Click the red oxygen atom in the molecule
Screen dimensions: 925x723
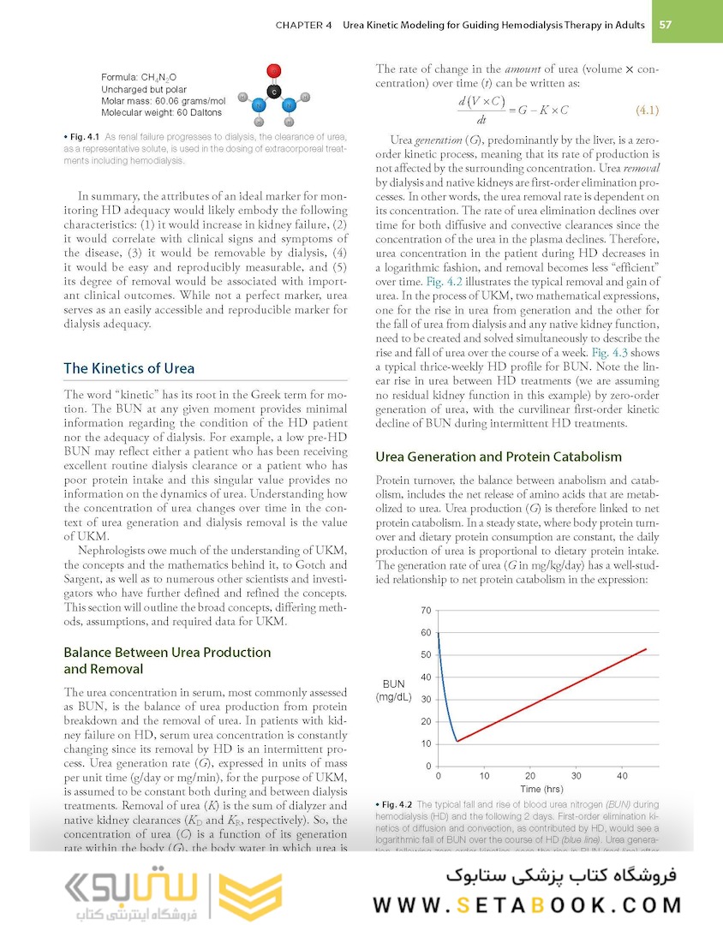click(x=273, y=70)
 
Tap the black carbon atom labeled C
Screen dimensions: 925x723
click(x=273, y=91)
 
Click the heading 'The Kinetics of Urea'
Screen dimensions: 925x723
click(x=128, y=368)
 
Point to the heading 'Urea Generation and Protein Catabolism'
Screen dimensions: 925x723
click(x=499, y=457)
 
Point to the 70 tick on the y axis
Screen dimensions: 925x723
click(x=426, y=611)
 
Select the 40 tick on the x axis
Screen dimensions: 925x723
click(x=622, y=776)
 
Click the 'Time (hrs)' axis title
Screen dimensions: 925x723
click(x=541, y=789)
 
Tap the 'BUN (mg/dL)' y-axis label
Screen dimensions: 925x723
click(x=393, y=690)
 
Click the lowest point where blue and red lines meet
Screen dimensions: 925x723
click(x=457, y=741)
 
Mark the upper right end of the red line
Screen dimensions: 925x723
click(x=646, y=649)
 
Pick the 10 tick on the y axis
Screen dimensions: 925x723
click(x=426, y=744)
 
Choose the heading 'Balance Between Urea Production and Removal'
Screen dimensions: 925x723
click(x=167, y=660)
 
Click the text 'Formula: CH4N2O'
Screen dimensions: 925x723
click(x=138, y=77)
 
